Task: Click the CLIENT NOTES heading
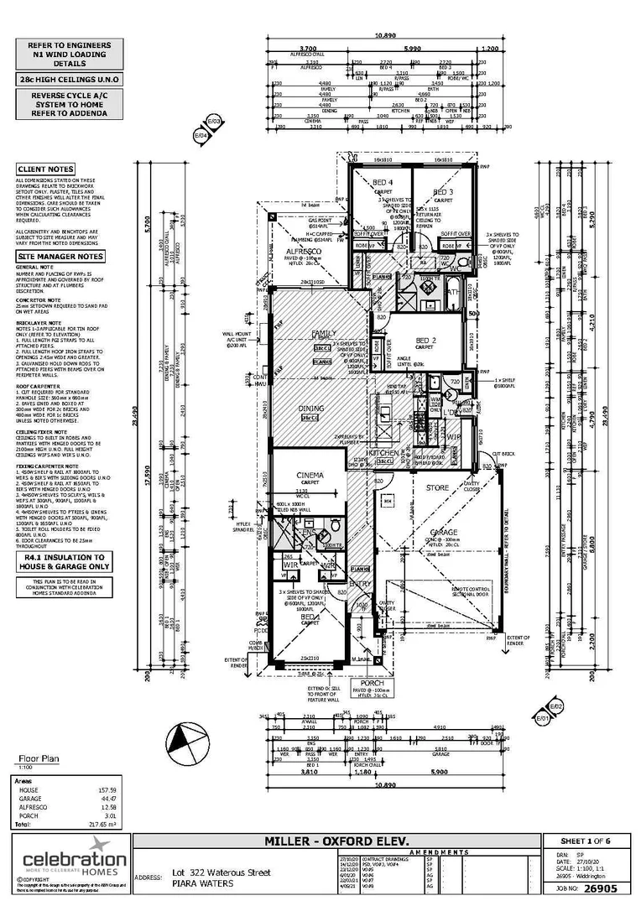46,169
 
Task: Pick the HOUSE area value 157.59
107,789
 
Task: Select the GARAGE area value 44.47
108,799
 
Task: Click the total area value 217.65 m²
104,825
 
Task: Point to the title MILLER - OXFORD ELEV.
336,841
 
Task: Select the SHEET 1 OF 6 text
586,841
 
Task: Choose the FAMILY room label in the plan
323,333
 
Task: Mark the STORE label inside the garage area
437,487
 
